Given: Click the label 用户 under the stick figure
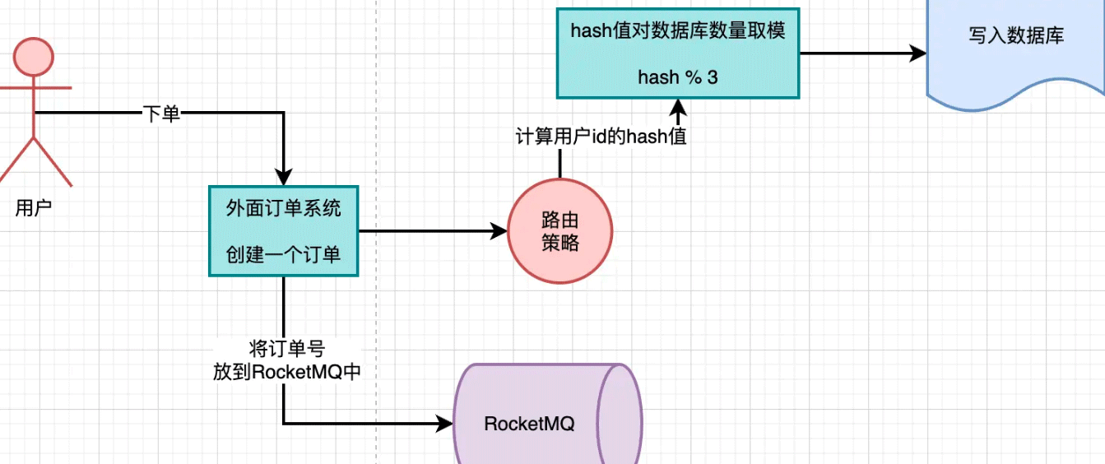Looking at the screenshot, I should coord(34,208).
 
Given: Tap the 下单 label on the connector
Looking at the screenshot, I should coord(161,114).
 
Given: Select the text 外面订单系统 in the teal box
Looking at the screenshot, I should coord(283,208).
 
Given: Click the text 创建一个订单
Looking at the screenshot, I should coord(283,254).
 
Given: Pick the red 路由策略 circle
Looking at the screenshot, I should coord(560,231).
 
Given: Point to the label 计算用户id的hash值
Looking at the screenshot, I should coord(601,137).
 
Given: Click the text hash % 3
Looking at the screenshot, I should coord(678,77).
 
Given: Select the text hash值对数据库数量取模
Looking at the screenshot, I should coord(678,31).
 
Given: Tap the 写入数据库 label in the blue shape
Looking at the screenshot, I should coord(1016,36).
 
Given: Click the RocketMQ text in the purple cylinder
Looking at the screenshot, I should coord(529,425).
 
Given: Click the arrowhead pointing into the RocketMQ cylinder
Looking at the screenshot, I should coord(445,425).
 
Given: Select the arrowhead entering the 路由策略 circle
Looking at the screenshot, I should coord(499,231).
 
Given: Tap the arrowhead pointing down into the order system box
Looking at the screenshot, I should coord(283,177).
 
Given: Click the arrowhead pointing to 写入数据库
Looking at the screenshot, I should coord(918,53).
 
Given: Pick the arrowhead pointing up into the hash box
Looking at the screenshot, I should coord(678,106).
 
